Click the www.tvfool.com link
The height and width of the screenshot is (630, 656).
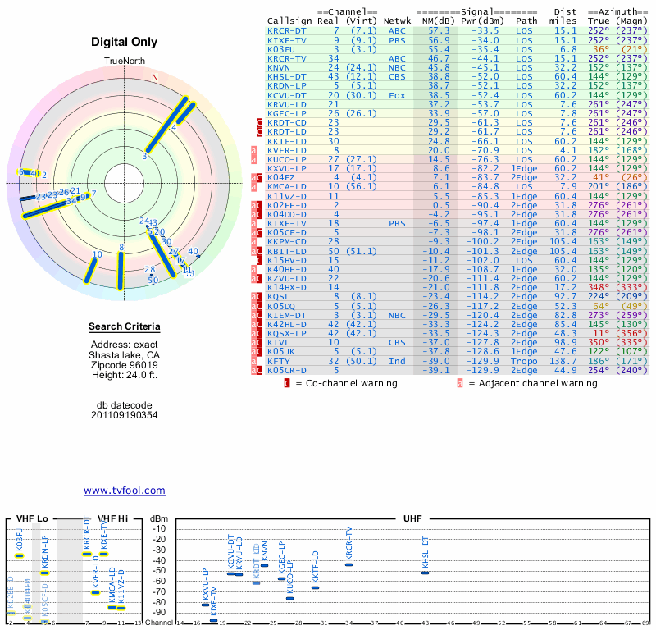[124, 491]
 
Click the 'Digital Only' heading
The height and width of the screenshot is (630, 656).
[124, 42]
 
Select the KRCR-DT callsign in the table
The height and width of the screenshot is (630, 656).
[286, 30]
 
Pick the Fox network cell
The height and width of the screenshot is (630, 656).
[398, 94]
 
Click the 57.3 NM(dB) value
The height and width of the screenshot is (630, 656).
[439, 30]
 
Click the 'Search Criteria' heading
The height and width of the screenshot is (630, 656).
[124, 327]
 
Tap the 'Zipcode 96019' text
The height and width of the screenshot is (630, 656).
[124, 365]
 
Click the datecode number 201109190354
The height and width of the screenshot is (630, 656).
[124, 415]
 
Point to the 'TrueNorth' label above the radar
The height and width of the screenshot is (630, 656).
[124, 62]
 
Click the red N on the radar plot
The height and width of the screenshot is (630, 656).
[154, 78]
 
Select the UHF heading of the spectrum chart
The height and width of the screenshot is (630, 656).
[412, 519]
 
